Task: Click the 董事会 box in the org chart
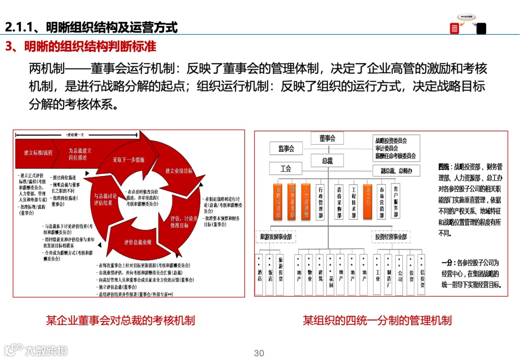(327, 139)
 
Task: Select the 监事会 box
(286, 148)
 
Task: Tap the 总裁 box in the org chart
(327, 160)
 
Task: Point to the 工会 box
(286, 169)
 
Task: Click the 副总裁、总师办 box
(396, 170)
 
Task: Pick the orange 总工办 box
(368, 202)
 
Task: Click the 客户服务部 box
(395, 202)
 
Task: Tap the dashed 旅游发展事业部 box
(275, 237)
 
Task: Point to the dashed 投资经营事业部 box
(391, 237)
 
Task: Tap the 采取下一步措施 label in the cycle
(129, 160)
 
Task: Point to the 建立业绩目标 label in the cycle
(179, 171)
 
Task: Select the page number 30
(259, 353)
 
